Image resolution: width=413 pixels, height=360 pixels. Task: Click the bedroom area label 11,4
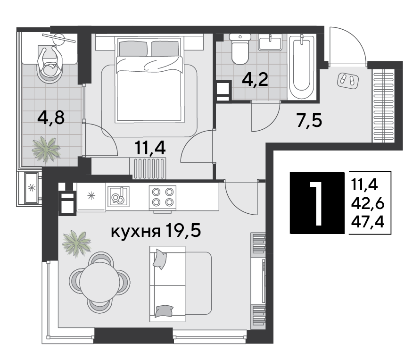pyautogui.click(x=150, y=149)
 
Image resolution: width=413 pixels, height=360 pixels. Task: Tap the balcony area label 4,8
pyautogui.click(x=52, y=116)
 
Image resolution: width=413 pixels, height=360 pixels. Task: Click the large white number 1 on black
pyautogui.click(x=317, y=203)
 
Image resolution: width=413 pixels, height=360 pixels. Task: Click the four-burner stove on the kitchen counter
pyautogui.click(x=162, y=197)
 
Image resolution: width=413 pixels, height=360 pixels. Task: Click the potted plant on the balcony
pyautogui.click(x=46, y=148)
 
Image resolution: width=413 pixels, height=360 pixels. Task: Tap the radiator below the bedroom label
pyautogui.click(x=149, y=168)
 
